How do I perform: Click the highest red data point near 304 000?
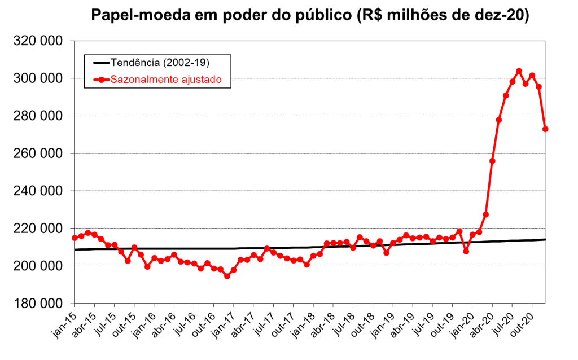pyautogui.click(x=519, y=71)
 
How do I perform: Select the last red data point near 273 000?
pyautogui.click(x=545, y=129)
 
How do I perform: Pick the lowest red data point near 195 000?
pyautogui.click(x=227, y=276)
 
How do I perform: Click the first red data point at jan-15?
pyautogui.click(x=75, y=238)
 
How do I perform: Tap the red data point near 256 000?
pyautogui.click(x=492, y=161)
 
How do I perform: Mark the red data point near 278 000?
pyautogui.click(x=499, y=120)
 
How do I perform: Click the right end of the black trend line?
pyautogui.click(x=545, y=239)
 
